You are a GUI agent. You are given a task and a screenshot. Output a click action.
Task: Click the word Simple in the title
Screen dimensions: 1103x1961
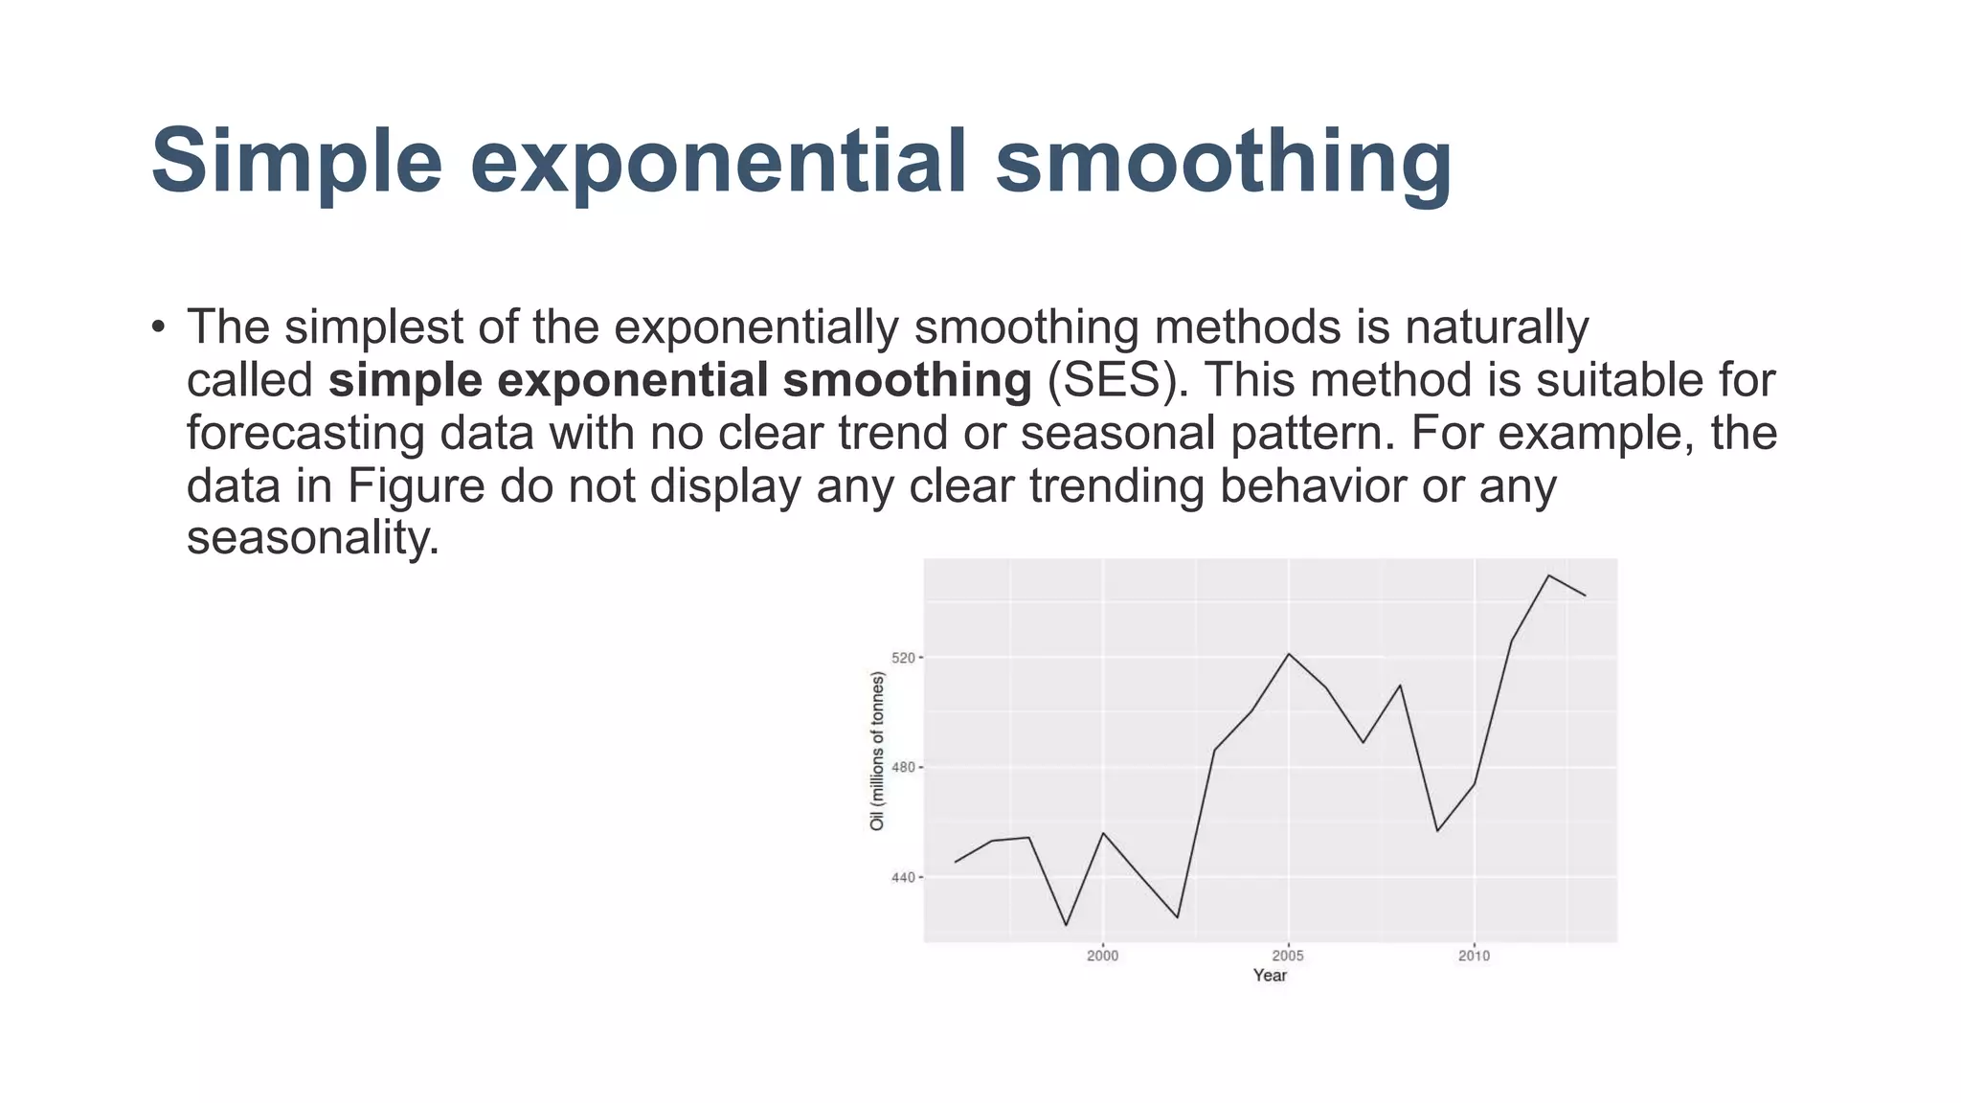click(x=296, y=161)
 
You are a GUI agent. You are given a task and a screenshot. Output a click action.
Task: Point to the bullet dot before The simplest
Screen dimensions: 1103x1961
click(x=159, y=327)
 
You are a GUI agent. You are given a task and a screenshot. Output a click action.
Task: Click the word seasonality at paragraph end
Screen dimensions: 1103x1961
click(x=312, y=537)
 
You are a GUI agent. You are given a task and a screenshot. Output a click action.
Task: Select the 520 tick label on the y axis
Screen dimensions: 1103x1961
click(x=904, y=658)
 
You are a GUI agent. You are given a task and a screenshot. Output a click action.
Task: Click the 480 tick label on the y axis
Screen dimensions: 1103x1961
click(x=904, y=768)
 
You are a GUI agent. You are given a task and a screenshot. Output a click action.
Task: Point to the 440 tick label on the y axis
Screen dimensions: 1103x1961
click(x=904, y=877)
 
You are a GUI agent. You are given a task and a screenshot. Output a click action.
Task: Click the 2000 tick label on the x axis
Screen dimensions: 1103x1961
click(x=1102, y=956)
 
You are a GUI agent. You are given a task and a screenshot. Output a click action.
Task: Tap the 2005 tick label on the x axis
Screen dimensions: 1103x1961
click(x=1288, y=956)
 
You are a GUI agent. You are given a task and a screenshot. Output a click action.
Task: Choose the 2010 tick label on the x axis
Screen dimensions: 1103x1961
click(x=1474, y=956)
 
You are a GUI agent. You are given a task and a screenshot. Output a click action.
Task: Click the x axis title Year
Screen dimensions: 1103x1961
click(x=1270, y=976)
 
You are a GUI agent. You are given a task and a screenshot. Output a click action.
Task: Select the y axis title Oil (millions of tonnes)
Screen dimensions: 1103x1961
click(x=877, y=751)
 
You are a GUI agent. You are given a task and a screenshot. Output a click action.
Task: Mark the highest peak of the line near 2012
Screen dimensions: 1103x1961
click(x=1548, y=575)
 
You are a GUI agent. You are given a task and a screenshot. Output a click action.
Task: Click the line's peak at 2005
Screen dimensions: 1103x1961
click(x=1289, y=654)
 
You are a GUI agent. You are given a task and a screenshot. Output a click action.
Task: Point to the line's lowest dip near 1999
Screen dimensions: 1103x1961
click(x=1066, y=925)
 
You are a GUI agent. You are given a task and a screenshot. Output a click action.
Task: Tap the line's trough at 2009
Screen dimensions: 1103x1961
click(x=1437, y=830)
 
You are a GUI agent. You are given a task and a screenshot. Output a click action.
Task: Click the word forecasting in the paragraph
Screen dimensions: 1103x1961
click(x=304, y=433)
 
